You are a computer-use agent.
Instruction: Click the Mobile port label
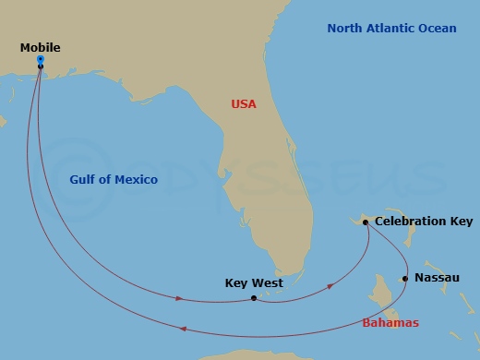click(x=41, y=46)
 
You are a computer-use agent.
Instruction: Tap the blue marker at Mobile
click(x=41, y=61)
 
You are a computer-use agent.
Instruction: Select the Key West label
click(x=254, y=283)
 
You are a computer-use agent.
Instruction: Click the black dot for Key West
click(x=253, y=298)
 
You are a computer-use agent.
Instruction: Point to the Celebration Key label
click(x=424, y=222)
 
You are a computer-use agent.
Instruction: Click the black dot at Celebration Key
click(x=366, y=222)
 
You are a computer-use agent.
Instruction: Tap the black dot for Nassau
click(x=405, y=278)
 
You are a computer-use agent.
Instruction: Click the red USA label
click(x=244, y=104)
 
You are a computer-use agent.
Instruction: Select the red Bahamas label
click(x=390, y=323)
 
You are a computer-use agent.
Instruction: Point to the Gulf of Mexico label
click(x=114, y=179)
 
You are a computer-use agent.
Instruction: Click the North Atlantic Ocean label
click(x=391, y=29)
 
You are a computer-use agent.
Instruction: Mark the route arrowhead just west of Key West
click(x=178, y=297)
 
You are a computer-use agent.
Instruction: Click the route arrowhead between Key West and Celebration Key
click(x=331, y=287)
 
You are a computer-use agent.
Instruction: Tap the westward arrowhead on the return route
click(x=184, y=330)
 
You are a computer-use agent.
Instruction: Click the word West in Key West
click(x=268, y=283)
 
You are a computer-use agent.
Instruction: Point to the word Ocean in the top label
click(x=438, y=29)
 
